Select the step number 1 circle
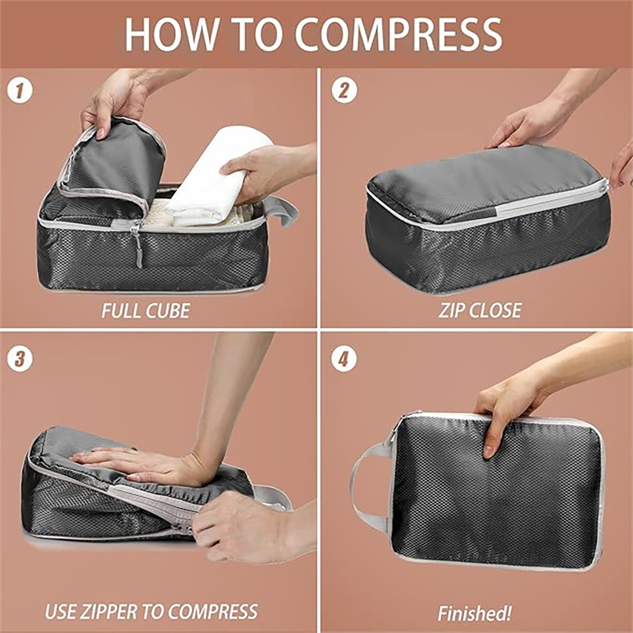(20, 91)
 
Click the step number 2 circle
(344, 91)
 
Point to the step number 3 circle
(20, 360)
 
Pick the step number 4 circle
(344, 360)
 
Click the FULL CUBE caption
(146, 311)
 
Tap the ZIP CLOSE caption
(480, 310)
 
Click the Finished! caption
(474, 614)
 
